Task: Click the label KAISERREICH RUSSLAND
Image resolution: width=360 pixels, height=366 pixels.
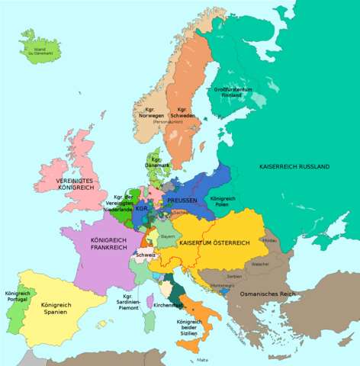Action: click(294, 166)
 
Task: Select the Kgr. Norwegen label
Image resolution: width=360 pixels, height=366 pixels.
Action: click(153, 113)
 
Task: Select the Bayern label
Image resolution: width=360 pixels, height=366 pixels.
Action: click(169, 237)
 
